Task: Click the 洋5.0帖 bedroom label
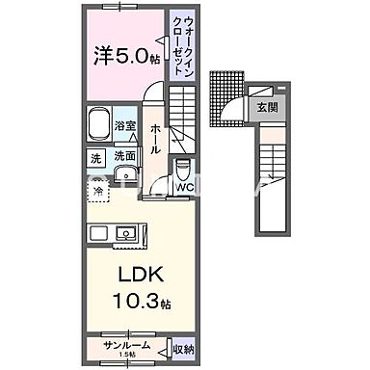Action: pos(126,56)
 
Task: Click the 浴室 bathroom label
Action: pos(124,125)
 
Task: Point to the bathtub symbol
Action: pos(98,125)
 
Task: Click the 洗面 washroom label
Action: pos(124,155)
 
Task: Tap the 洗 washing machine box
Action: pos(96,155)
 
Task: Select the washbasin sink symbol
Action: pos(124,174)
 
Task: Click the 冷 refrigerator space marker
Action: pos(98,191)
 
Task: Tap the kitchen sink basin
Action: pos(125,233)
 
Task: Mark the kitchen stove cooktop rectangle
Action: pos(100,233)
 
